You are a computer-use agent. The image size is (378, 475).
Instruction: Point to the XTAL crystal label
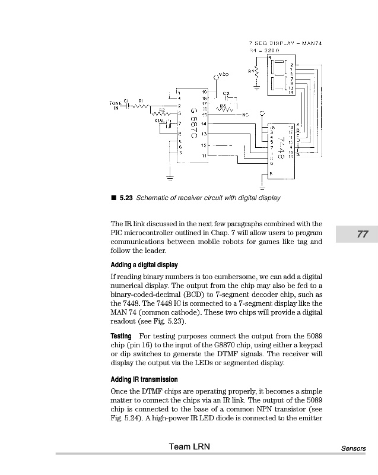[x=159, y=121]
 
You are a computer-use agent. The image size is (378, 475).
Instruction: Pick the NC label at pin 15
[x=246, y=115]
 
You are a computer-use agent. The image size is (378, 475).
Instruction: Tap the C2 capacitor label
[x=226, y=93]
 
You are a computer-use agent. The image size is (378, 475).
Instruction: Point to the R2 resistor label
[x=161, y=109]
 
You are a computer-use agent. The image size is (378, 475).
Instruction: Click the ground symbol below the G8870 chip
[x=170, y=176]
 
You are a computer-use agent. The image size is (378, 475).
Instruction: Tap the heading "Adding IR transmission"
[x=144, y=379]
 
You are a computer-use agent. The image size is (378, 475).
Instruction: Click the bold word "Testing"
[x=121, y=336]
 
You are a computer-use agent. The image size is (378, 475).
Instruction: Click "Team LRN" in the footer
[x=189, y=446]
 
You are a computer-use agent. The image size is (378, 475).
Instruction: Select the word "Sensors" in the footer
[x=354, y=449]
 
